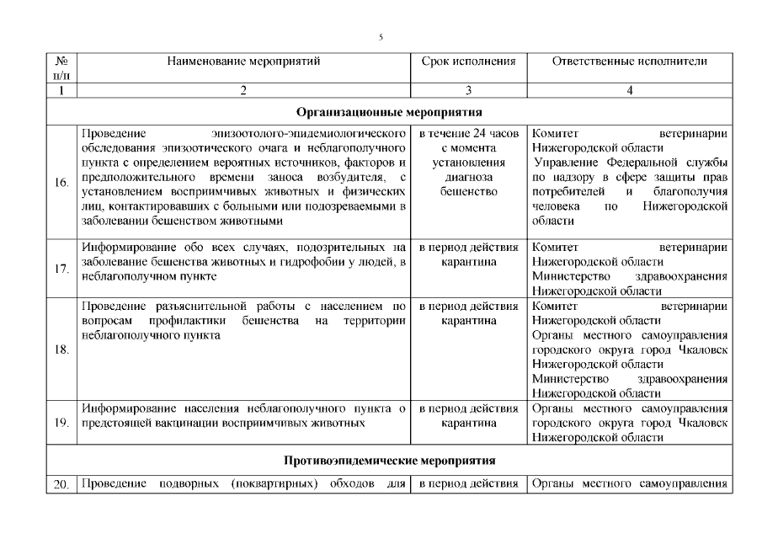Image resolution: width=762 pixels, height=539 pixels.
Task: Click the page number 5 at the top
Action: tap(381, 37)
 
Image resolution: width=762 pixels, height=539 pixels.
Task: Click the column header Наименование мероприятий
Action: tap(243, 61)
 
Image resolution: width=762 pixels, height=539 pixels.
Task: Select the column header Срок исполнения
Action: tap(468, 61)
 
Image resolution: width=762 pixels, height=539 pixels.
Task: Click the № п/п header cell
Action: tap(60, 68)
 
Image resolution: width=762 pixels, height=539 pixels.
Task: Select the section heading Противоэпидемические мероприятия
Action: tap(388, 461)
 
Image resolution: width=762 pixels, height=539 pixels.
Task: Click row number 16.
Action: tap(61, 183)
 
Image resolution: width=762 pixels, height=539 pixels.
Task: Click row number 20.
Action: tap(61, 484)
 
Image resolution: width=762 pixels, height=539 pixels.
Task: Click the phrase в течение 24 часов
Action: tap(468, 133)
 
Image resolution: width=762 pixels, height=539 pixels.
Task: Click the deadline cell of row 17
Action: tap(468, 255)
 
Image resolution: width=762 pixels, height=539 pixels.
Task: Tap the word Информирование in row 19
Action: tap(125, 408)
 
